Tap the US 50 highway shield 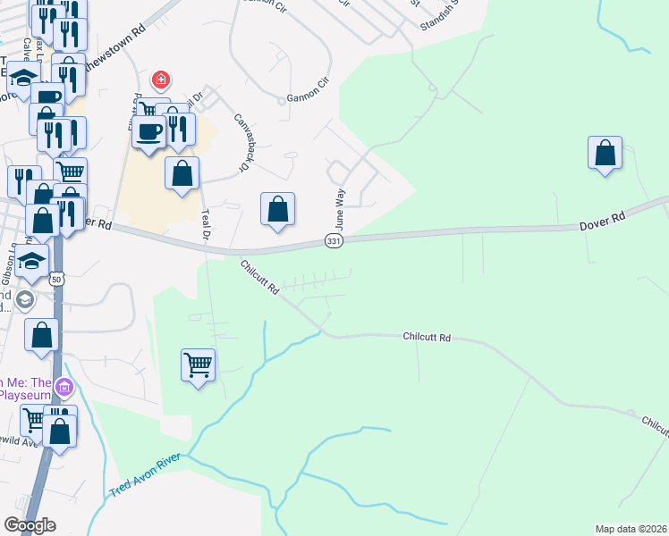pyautogui.click(x=56, y=280)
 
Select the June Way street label pyautogui.click(x=340, y=208)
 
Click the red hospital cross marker pyautogui.click(x=161, y=80)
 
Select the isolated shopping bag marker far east pyautogui.click(x=605, y=153)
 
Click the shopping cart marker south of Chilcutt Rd pyautogui.click(x=198, y=364)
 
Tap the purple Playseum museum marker pyautogui.click(x=64, y=388)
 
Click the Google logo pyautogui.click(x=30, y=525)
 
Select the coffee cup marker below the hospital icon pyautogui.click(x=148, y=131)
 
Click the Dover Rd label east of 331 pyautogui.click(x=602, y=216)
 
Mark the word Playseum pyautogui.click(x=25, y=393)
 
